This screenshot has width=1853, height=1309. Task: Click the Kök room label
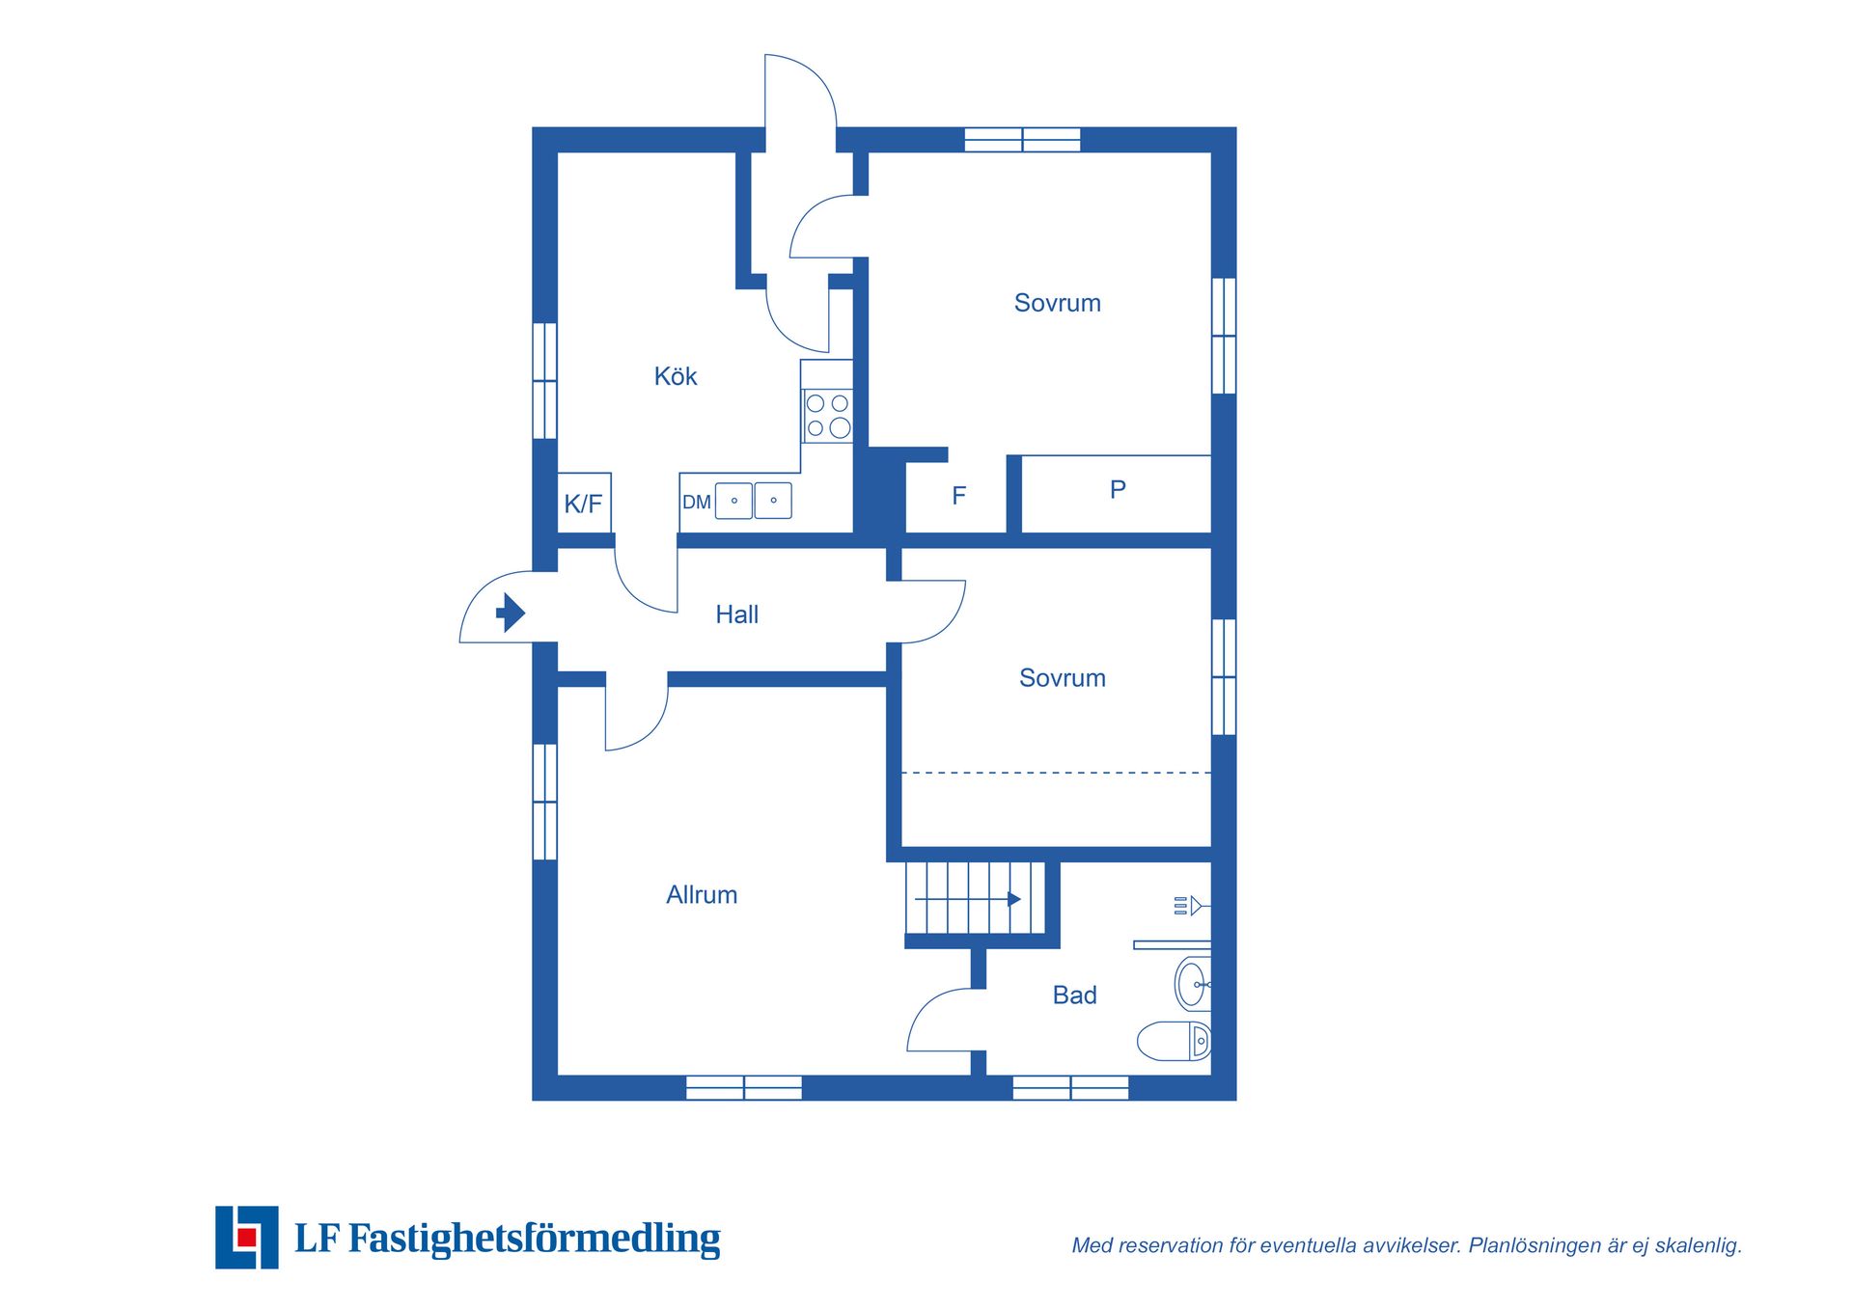(676, 376)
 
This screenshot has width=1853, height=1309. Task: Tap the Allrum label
(702, 895)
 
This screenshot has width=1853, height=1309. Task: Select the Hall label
(736, 614)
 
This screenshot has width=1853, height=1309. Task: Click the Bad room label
(1074, 995)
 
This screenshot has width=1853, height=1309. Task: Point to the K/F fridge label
(583, 504)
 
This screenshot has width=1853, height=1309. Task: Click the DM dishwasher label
(696, 503)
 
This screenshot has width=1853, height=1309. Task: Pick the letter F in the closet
(958, 496)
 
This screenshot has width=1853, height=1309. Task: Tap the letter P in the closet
(1118, 490)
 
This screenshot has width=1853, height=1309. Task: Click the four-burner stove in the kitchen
(828, 416)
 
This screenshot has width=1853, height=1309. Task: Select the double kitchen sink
(754, 501)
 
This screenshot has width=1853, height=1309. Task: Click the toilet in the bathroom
(1175, 1041)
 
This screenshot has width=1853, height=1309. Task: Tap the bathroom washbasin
(1193, 984)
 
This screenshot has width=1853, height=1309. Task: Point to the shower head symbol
(1188, 906)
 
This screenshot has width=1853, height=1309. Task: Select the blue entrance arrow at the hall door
(510, 613)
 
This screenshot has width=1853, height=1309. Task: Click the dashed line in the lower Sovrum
(1056, 773)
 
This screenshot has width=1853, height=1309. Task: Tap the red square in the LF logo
(247, 1238)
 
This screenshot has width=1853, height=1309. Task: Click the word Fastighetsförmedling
(535, 1239)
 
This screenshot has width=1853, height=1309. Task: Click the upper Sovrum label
(1057, 303)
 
